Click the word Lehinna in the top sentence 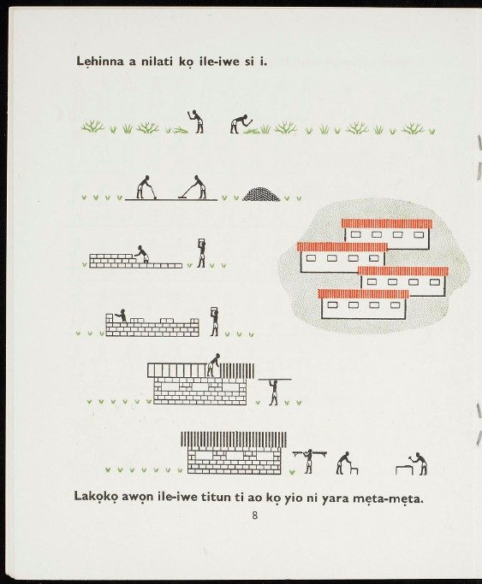pyautogui.click(x=100, y=62)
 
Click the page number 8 pyautogui.click(x=255, y=516)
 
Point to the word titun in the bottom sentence pyautogui.click(x=217, y=497)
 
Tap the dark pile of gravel pyautogui.click(x=261, y=194)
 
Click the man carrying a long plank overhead pyautogui.click(x=274, y=391)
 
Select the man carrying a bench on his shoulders pyautogui.click(x=308, y=462)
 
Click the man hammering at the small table pyautogui.click(x=420, y=463)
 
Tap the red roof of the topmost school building pyautogui.click(x=387, y=223)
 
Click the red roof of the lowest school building pyautogui.click(x=364, y=294)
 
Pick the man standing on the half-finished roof pyautogui.click(x=213, y=364)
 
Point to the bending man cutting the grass pyautogui.click(x=241, y=124)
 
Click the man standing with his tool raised pyautogui.click(x=196, y=121)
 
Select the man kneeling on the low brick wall pyautogui.click(x=141, y=255)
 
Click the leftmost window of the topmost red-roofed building pyautogui.click(x=355, y=234)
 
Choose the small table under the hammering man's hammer pyautogui.click(x=404, y=470)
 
